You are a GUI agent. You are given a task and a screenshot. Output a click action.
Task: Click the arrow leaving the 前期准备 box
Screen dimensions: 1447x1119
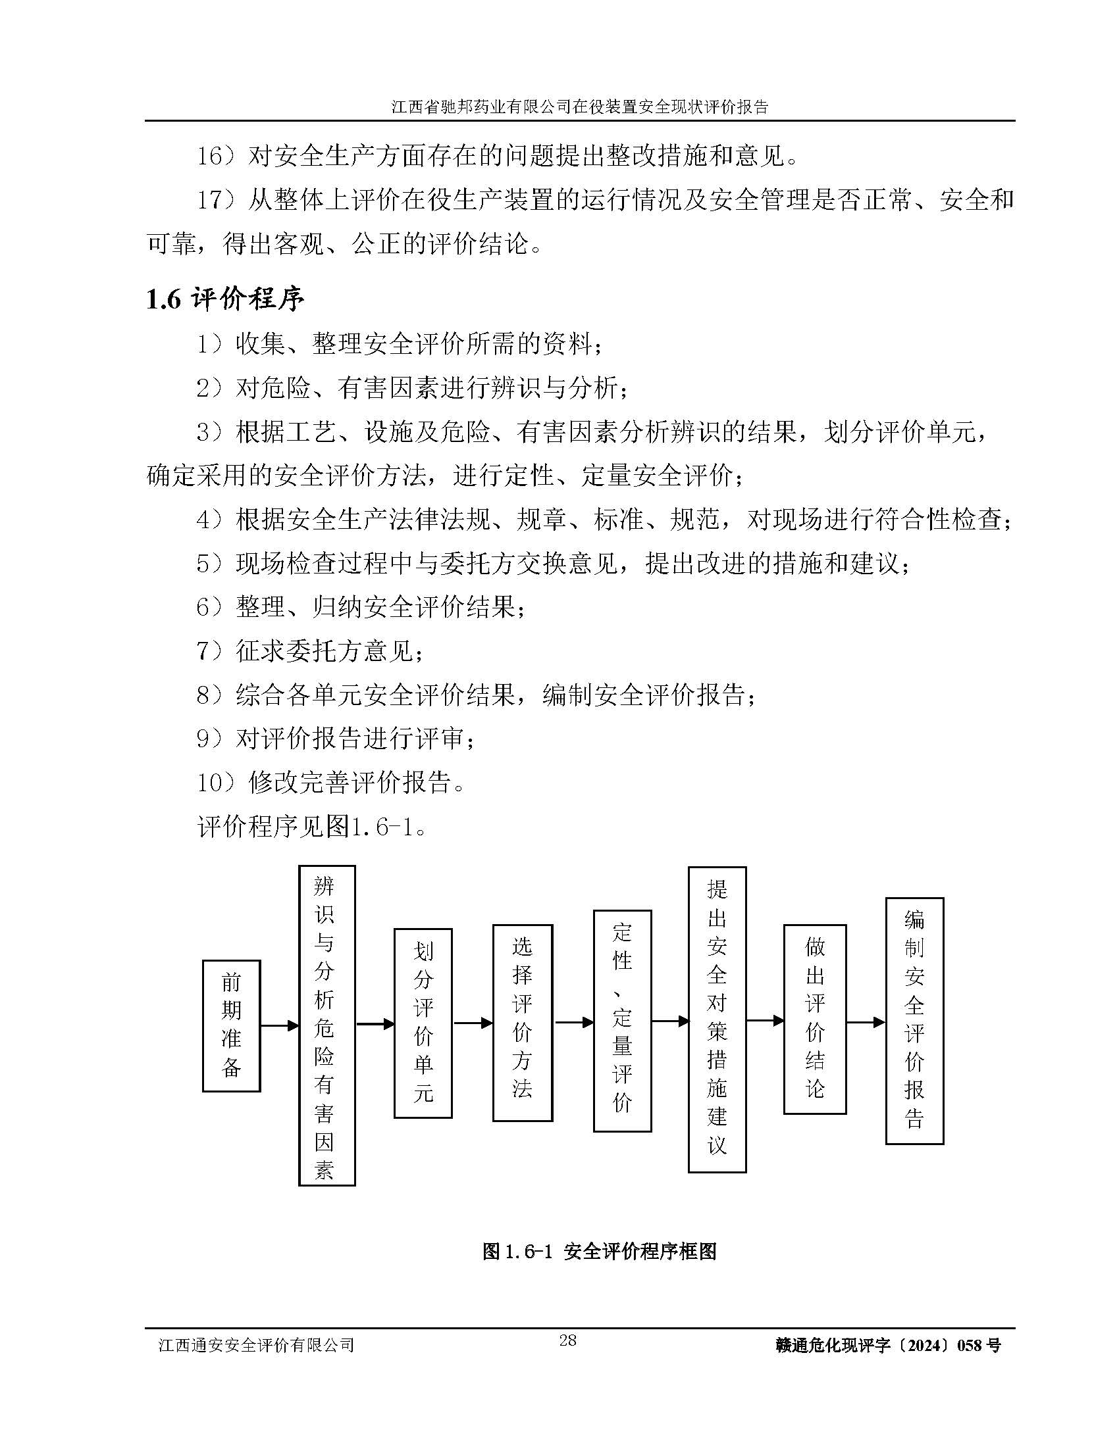coord(279,1025)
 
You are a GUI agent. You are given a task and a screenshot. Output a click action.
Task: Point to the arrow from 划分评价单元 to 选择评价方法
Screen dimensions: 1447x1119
coord(473,1023)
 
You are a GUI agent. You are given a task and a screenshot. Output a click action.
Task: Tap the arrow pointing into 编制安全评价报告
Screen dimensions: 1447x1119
coord(866,1022)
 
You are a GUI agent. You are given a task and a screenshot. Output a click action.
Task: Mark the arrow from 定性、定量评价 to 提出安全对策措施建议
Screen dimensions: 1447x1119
coord(669,1021)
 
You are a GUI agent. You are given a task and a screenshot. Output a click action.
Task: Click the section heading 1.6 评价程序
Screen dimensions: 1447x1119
coord(224,299)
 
